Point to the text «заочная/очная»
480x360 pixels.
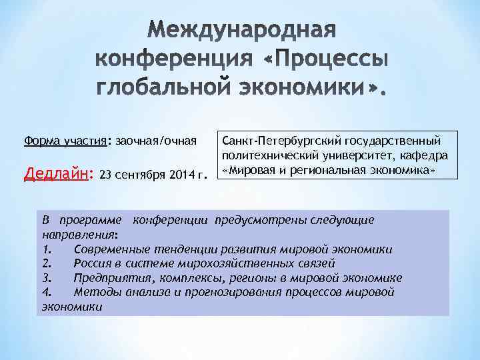[156, 141]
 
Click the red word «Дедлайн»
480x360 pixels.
[55, 175]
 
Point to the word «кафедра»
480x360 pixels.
[425, 155]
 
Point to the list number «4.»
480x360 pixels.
[46, 293]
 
